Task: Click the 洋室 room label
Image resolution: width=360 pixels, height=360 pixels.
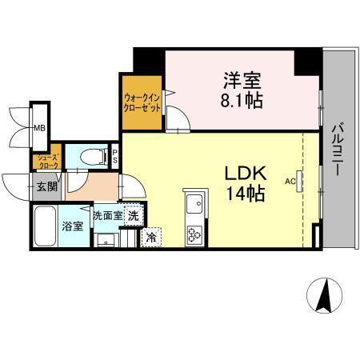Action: coord(242,81)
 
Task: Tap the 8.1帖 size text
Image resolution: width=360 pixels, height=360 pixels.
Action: coord(242,100)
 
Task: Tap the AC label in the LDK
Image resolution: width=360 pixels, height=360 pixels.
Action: coord(290,181)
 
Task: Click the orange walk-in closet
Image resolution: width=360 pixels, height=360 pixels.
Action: coord(142,104)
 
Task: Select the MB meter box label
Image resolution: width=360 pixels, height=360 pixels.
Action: coord(38,126)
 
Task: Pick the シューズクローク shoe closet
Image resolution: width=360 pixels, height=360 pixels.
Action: coord(45,161)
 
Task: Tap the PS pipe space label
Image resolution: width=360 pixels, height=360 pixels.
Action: coord(115,155)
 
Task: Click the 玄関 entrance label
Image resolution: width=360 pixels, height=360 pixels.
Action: coord(46,187)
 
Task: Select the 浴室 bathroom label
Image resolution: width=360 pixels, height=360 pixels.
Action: coord(72,226)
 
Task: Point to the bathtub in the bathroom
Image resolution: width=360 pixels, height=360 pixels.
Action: coord(46,227)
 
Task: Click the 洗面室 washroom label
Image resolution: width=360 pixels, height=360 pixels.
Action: coord(106,215)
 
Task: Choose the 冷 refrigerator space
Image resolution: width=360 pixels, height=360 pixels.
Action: coord(150,237)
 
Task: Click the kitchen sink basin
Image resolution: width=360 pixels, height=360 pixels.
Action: coord(194,206)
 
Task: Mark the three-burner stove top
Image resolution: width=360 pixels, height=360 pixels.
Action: coord(195,233)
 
